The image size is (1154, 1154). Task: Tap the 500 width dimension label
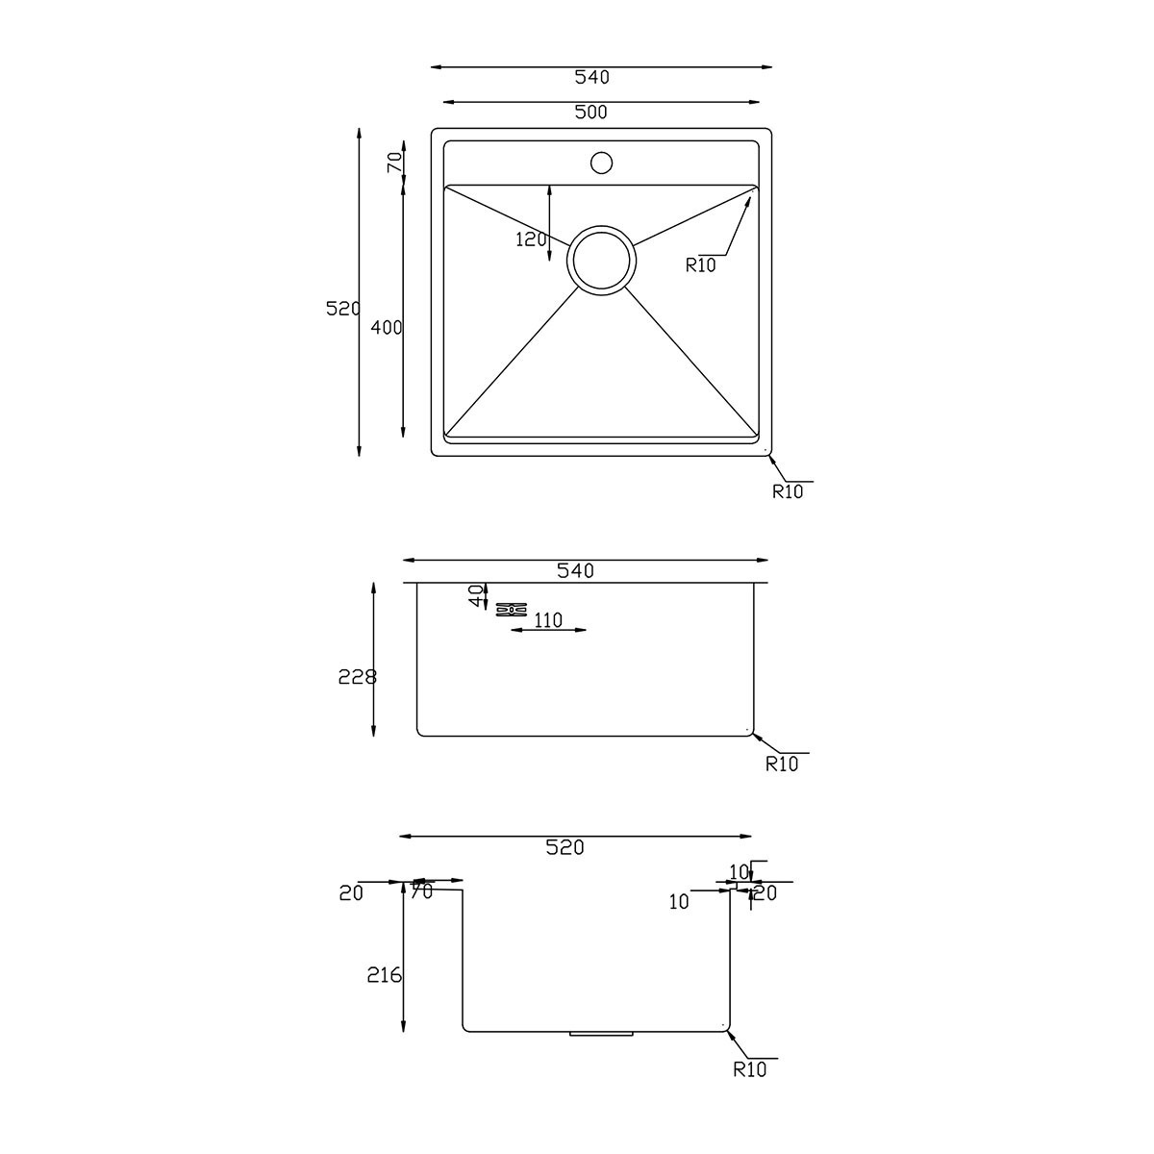coord(591,112)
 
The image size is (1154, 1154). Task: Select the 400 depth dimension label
coord(387,328)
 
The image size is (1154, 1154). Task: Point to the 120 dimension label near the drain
coord(531,239)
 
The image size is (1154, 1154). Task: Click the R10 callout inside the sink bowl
coord(701,264)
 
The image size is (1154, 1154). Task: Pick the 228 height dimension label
coord(358,677)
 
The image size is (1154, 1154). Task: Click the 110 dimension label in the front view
coord(548,620)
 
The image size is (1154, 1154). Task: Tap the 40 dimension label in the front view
coord(475,596)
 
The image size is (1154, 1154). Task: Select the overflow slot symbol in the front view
coord(512,610)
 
